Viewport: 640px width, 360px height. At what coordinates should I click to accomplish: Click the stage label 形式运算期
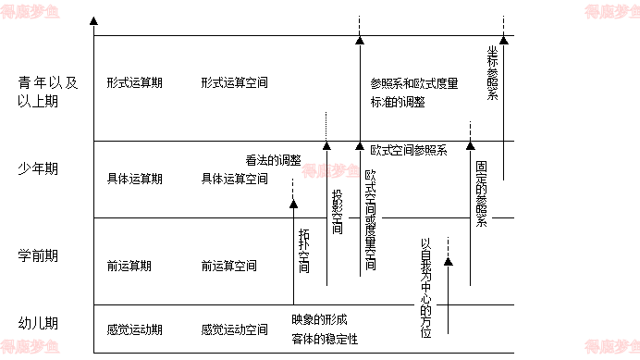pos(134,82)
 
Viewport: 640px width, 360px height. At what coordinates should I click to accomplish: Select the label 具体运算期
pos(134,179)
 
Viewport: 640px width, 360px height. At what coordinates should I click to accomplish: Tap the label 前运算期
pos(129,267)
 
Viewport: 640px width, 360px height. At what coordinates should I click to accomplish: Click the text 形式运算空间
pos(234,82)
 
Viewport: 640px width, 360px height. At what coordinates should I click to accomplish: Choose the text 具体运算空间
pos(234,179)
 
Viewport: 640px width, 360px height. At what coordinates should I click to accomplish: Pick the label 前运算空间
pos(228,267)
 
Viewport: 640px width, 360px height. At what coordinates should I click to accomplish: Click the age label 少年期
pos(38,168)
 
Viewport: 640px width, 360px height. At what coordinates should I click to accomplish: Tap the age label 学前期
pos(38,254)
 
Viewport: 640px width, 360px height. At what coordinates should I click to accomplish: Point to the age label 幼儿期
pos(38,323)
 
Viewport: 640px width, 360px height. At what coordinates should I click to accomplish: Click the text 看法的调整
pos(273,159)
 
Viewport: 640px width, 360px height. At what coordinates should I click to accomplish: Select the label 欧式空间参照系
pos(408,150)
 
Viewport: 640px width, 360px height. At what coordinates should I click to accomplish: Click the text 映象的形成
pos(318,319)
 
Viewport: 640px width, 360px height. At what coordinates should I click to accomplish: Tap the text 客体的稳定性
pos(324,338)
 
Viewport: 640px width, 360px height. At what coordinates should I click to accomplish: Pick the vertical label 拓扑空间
pos(304,250)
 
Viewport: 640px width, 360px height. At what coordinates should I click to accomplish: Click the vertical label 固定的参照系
pos(482,194)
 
